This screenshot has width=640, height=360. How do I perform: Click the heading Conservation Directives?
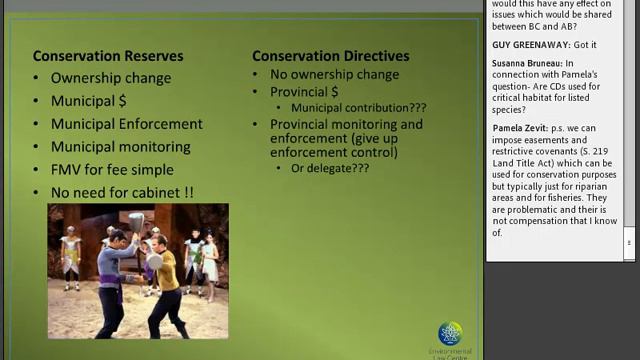330,56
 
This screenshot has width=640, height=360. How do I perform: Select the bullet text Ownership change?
111,78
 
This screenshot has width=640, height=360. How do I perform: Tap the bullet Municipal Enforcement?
127,124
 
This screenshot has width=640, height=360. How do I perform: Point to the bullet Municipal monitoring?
121,147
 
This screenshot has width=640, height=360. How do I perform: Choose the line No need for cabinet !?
122,192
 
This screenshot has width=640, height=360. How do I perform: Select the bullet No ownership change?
334,74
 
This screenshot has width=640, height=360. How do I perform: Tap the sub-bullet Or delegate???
330,168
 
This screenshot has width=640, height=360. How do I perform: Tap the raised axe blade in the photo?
136,221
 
